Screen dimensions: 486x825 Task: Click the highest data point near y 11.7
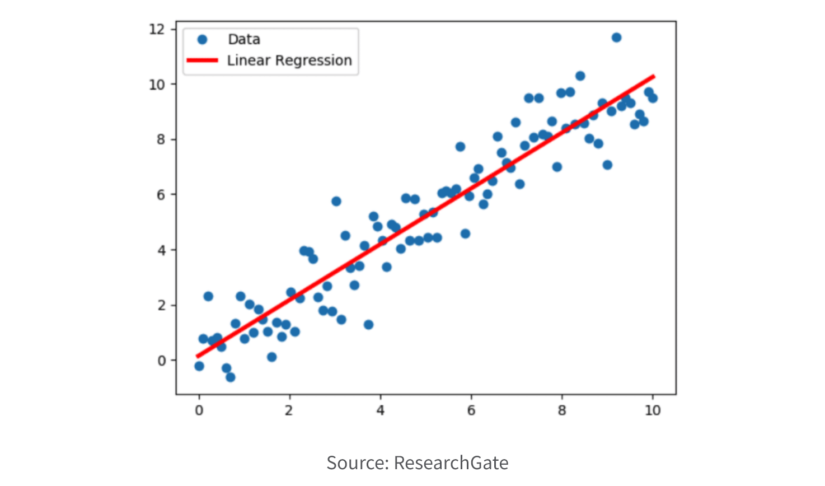click(x=616, y=38)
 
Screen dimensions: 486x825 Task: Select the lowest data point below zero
click(x=230, y=377)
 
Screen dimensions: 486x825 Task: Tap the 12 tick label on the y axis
click(x=157, y=29)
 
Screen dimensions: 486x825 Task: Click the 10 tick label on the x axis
click(x=653, y=410)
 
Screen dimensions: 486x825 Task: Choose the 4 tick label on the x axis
click(x=381, y=410)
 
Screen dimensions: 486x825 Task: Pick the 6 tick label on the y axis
click(x=161, y=195)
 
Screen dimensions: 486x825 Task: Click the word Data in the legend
click(x=244, y=39)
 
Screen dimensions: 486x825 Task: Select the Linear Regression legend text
click(x=289, y=60)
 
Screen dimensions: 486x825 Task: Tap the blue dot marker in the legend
click(x=202, y=39)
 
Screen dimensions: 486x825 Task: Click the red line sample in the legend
click(x=202, y=60)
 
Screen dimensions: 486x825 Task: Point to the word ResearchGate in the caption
click(x=451, y=463)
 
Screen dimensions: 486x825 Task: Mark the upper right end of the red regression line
click(x=654, y=76)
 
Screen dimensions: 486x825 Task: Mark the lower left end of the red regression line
click(x=197, y=356)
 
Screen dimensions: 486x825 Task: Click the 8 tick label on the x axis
click(x=562, y=410)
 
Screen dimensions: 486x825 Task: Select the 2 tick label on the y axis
click(x=161, y=306)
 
